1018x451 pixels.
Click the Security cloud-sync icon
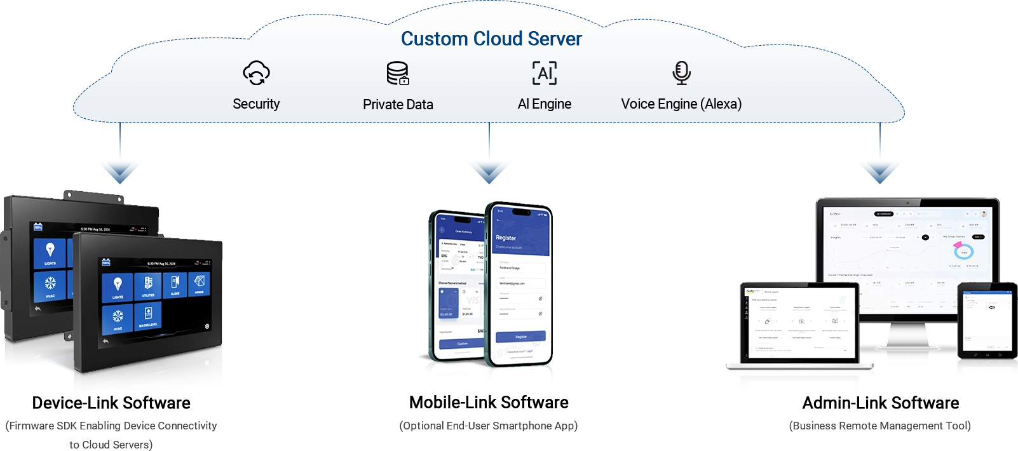click(256, 73)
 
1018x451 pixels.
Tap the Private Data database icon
click(398, 73)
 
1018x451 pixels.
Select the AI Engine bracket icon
click(545, 73)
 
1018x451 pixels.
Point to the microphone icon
click(681, 73)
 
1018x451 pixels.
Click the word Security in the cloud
click(256, 104)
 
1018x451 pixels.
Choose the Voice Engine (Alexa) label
click(681, 104)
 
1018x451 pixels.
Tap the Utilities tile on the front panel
click(148, 286)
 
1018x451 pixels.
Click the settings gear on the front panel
click(207, 326)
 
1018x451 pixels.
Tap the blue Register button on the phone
click(520, 337)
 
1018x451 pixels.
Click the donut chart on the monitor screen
click(963, 252)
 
